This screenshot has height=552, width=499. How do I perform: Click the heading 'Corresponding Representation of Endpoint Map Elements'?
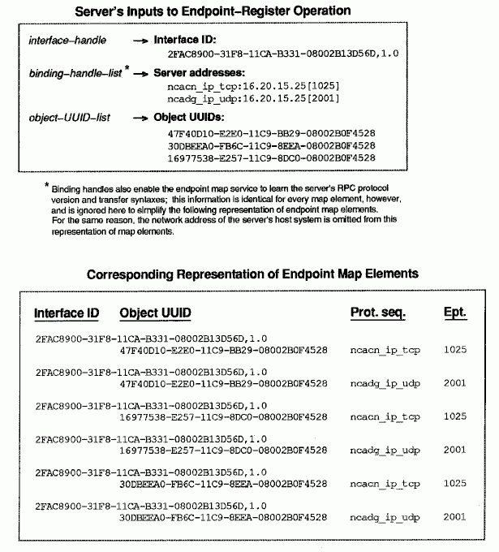click(252, 274)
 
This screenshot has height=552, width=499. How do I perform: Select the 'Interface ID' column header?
click(67, 314)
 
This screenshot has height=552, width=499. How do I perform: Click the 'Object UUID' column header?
click(155, 314)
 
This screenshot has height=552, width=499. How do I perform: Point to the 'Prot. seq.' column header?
click(378, 314)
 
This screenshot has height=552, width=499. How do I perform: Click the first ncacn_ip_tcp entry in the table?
click(385, 350)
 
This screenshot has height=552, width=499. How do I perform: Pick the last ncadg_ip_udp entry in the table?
click(385, 516)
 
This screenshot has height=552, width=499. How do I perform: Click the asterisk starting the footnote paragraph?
click(47, 186)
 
